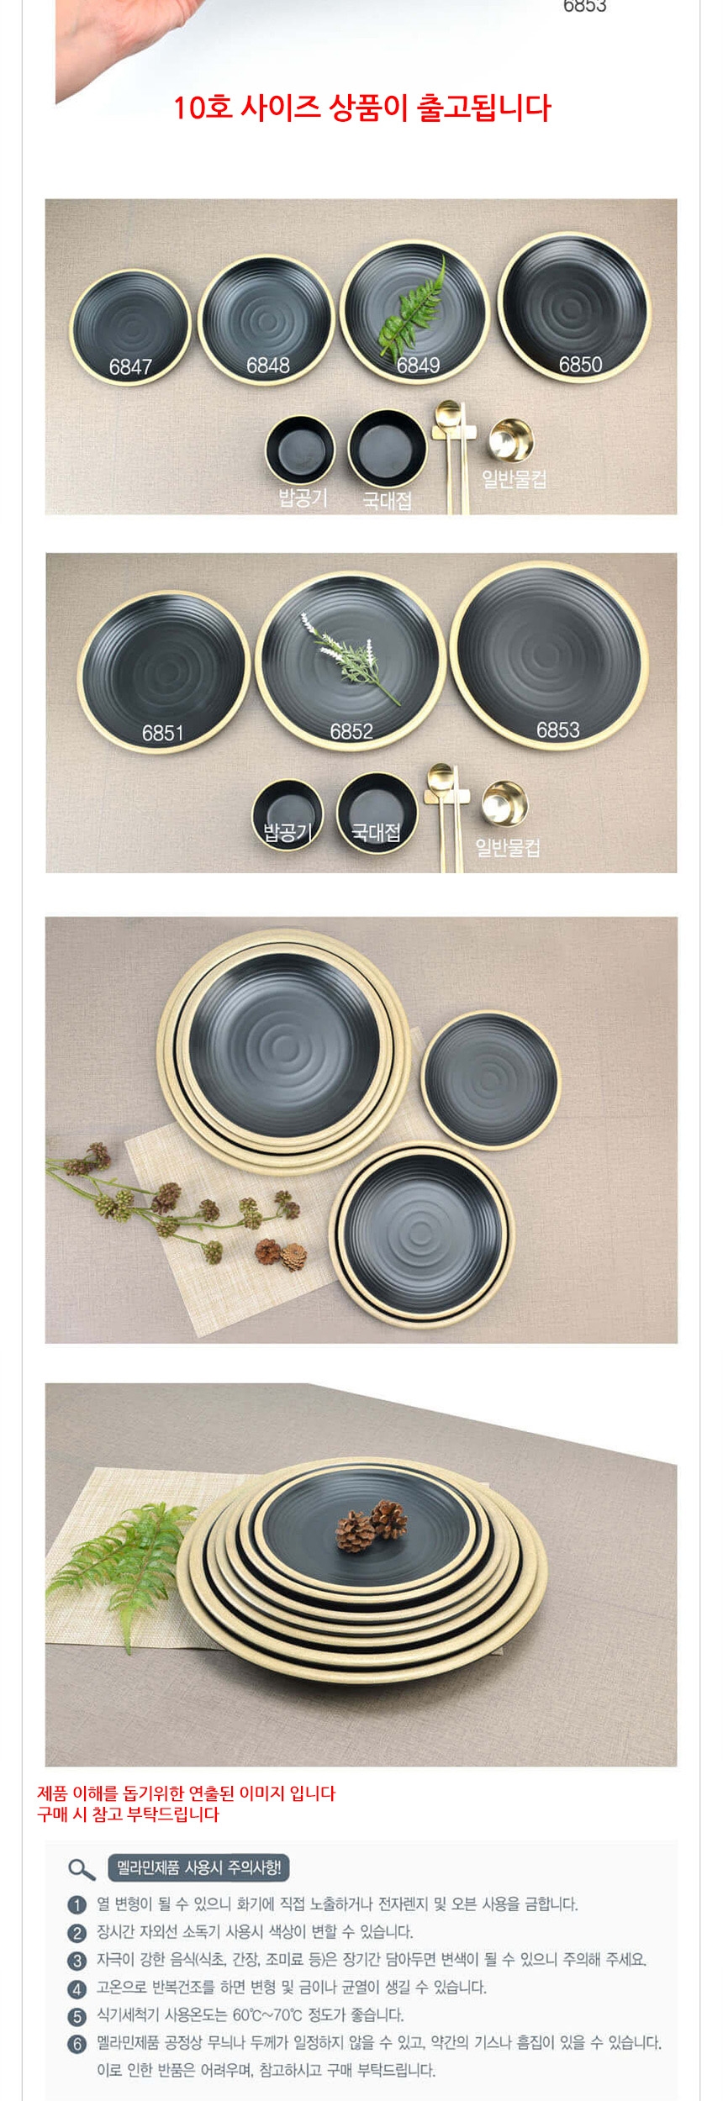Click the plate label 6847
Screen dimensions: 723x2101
click(x=130, y=367)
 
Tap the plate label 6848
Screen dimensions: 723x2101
click(x=267, y=366)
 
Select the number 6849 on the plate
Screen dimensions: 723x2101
click(x=418, y=365)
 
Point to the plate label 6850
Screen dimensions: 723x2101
click(x=580, y=365)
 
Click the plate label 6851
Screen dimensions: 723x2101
click(x=162, y=734)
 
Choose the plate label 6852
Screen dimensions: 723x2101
click(x=351, y=732)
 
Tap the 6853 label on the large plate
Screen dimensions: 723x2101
click(x=557, y=730)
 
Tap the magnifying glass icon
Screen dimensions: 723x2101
click(x=81, y=1869)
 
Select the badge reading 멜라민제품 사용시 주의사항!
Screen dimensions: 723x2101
click(x=198, y=1867)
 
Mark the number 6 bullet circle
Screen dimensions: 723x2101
click(x=77, y=2043)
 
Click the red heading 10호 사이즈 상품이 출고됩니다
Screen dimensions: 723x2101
click(x=361, y=108)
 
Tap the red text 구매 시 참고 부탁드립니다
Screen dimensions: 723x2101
click(x=128, y=1814)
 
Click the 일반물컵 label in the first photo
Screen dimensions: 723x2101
click(x=514, y=479)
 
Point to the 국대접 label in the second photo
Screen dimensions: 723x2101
click(x=375, y=832)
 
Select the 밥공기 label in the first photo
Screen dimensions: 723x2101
click(x=303, y=497)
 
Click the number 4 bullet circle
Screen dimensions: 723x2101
click(x=77, y=1988)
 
